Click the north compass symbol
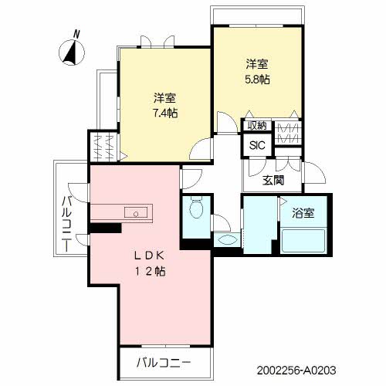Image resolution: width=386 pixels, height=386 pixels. tap(71, 52)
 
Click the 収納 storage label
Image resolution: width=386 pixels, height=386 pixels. tap(256, 126)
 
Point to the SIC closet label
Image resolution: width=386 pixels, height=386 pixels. tap(256, 144)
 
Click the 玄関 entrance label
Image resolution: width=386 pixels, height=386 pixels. tap(272, 181)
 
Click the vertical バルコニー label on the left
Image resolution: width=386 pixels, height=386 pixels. tap(67, 225)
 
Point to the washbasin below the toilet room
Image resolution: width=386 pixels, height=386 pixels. tap(226, 241)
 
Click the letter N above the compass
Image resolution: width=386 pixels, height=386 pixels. tap(76, 33)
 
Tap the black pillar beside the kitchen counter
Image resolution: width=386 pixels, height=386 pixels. tap(105, 228)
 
